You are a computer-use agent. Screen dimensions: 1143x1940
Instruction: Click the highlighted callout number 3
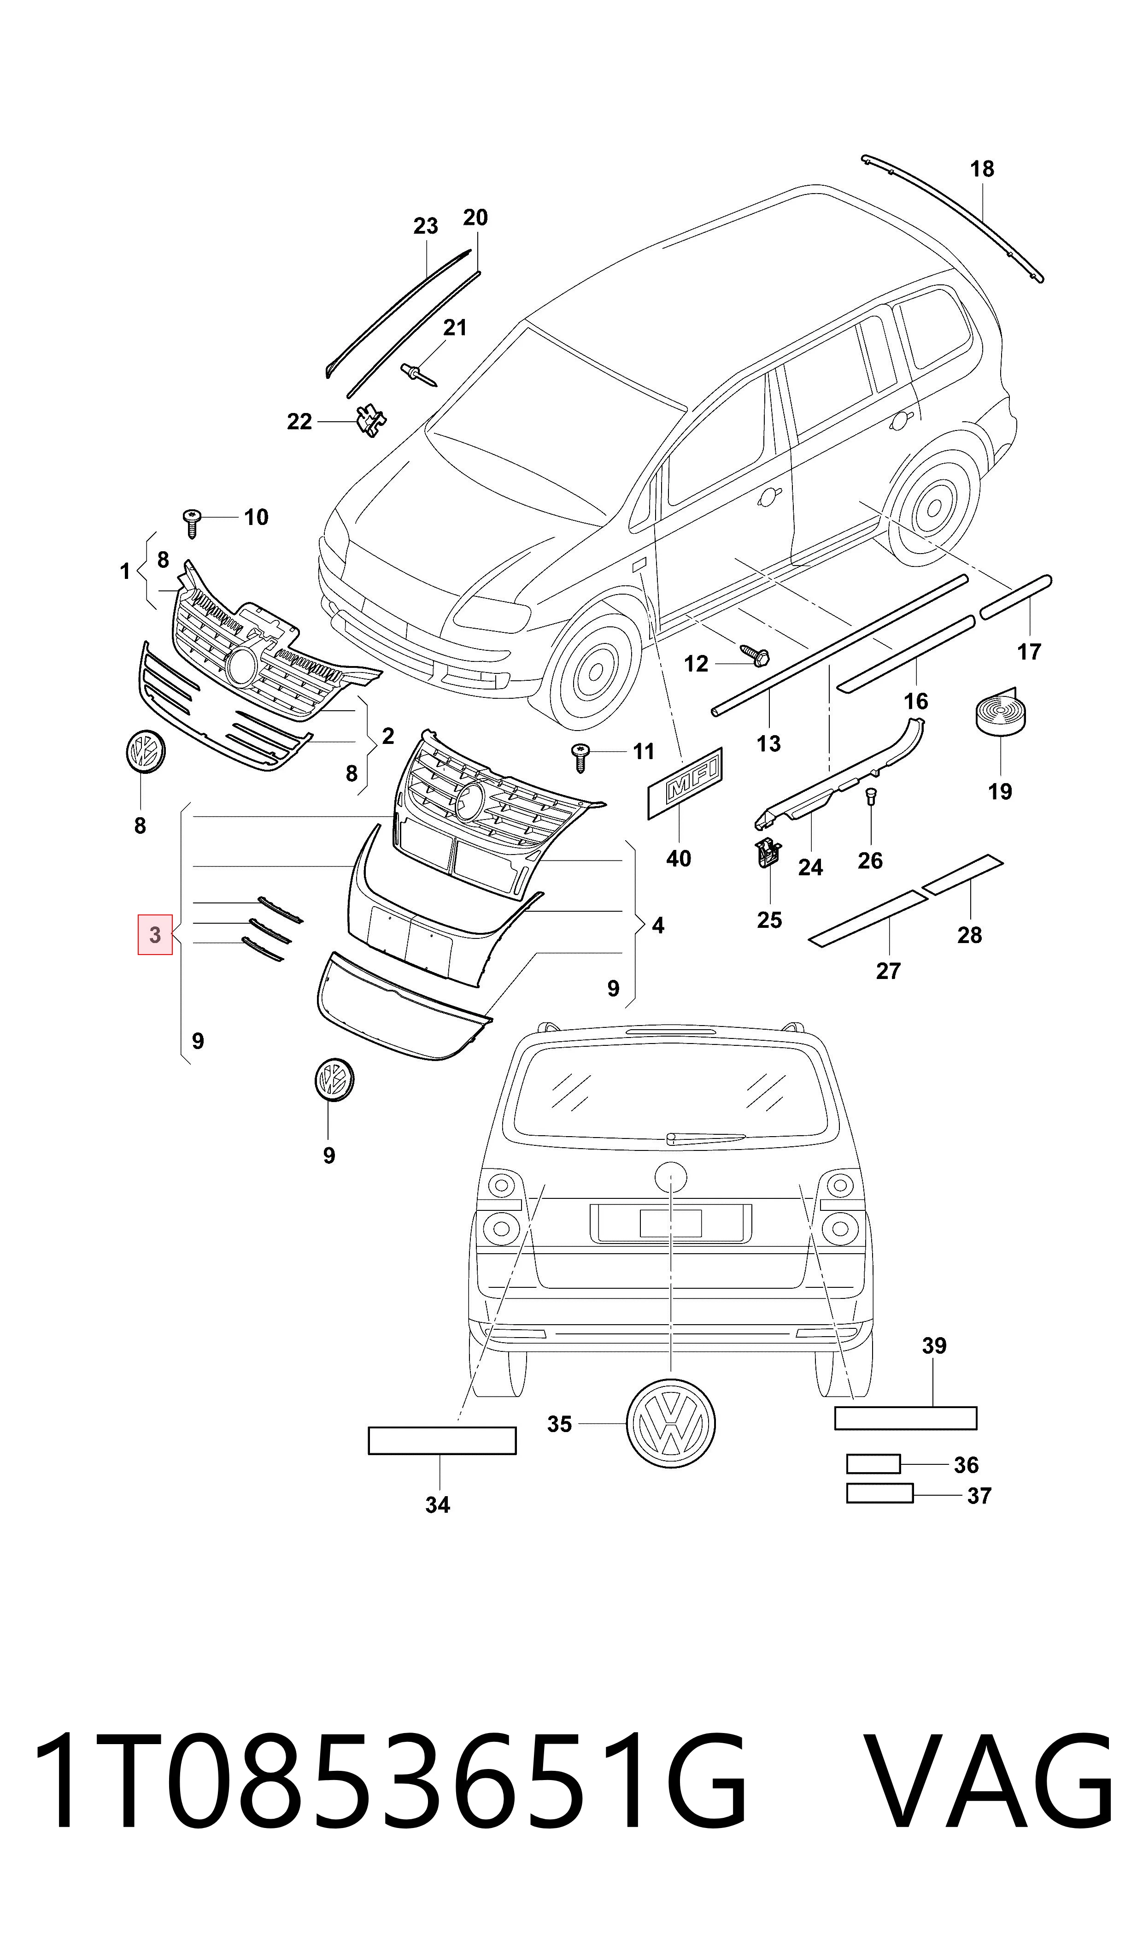coord(155,935)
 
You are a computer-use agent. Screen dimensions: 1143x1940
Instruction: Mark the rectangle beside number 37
coord(879,1493)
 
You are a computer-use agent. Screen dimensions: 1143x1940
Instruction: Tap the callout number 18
coord(982,169)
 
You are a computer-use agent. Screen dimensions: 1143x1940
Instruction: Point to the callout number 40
coord(679,858)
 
